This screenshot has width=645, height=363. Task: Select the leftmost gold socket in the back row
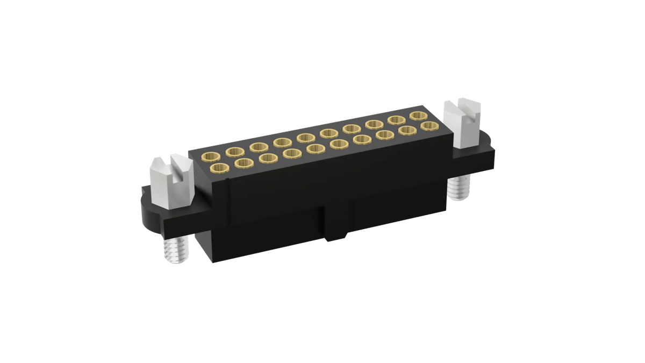(x=210, y=156)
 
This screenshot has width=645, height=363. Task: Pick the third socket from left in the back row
(x=259, y=147)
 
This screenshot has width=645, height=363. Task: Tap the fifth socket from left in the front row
(x=316, y=148)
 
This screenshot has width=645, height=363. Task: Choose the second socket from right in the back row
(x=396, y=120)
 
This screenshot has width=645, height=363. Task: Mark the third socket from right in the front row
(x=385, y=134)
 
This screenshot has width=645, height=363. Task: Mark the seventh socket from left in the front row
(x=363, y=139)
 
